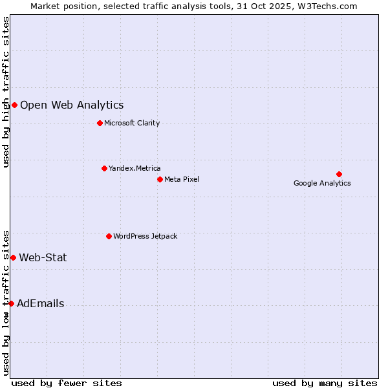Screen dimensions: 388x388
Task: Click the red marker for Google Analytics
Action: [339, 174]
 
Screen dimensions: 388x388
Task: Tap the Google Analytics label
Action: [322, 183]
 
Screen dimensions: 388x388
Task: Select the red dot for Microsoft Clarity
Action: [100, 123]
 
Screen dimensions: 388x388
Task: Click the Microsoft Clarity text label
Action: [132, 123]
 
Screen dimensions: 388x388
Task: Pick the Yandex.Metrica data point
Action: [104, 168]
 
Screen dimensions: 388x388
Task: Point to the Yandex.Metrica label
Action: [135, 168]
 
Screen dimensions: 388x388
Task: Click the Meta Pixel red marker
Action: [160, 179]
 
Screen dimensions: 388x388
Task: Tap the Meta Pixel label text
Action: [182, 179]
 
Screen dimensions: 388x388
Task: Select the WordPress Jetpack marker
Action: [109, 236]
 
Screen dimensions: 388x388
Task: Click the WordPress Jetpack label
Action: [145, 236]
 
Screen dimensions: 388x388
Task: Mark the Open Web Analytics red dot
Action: [14, 105]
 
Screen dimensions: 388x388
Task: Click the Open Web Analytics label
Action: [72, 105]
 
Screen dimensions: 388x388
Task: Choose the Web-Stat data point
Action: [13, 257]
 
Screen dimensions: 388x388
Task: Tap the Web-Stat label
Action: [43, 257]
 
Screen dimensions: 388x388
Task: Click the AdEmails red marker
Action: [11, 303]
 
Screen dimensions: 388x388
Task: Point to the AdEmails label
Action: [40, 303]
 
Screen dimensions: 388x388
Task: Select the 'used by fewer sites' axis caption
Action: [67, 383]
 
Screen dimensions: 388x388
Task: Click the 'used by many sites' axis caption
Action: [325, 383]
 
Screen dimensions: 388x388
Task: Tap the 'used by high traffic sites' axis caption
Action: [6, 92]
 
